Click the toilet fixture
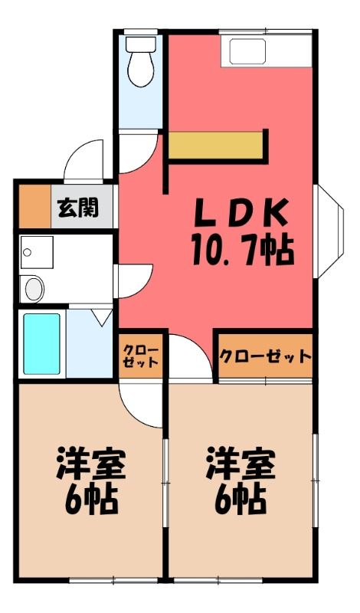pos(140,61)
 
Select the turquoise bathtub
pos(42,344)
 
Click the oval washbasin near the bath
pos(32,289)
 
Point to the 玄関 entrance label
pos(78,208)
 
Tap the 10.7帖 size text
pos(243,250)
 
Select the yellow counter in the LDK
pos(216,145)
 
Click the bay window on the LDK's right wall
pos(329,231)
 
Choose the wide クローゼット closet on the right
pos(266,356)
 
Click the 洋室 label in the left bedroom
pos(91,464)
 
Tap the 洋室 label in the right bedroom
pos(241,464)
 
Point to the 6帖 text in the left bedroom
pos(91,501)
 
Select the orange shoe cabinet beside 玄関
pos(34,206)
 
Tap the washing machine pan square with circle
pos(37,252)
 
